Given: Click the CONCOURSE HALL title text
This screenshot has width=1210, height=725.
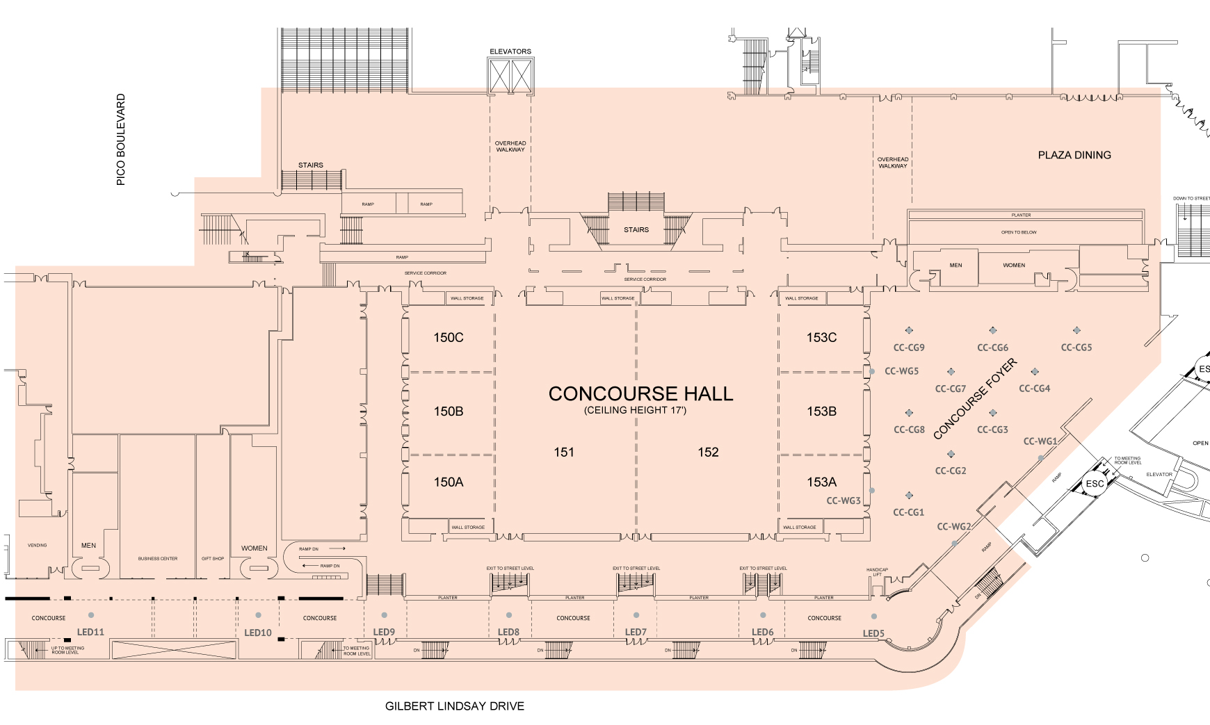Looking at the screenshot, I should coord(640,394).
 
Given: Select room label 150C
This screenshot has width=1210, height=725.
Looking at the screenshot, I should coord(449,338).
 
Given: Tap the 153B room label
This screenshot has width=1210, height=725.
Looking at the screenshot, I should coord(821,412).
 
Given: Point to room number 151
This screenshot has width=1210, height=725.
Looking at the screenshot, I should coord(564,453).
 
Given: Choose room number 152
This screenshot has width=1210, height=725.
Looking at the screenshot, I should coord(708,453).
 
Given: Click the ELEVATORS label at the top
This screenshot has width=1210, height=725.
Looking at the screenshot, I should coord(510,51).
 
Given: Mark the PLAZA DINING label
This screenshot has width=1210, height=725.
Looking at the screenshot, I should coord(1074,155).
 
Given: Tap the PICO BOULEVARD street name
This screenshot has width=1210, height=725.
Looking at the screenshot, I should coord(121,140).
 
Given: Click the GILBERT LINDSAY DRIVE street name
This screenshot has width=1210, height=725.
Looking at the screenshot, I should coord(455,706).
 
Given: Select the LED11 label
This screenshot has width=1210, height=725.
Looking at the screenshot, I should coord(90,633).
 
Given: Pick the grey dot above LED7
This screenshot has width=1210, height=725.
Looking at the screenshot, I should coord(636,615).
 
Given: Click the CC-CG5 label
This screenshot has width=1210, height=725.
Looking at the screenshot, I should coord(1076,348).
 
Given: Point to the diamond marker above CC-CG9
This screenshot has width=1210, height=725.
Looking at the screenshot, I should coord(909,330).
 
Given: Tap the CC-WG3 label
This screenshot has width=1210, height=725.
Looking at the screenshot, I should coord(844,500).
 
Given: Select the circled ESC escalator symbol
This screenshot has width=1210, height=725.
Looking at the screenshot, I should coord(1095,484).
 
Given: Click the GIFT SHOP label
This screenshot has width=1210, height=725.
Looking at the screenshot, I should coord(213,559).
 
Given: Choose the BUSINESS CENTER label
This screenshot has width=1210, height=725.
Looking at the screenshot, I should coord(158,559).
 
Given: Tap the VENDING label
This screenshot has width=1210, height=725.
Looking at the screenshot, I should coord(38,546).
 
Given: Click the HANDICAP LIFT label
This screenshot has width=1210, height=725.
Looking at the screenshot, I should coord(877,572).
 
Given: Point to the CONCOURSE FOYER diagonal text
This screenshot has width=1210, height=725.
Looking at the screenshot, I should coord(975,400).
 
